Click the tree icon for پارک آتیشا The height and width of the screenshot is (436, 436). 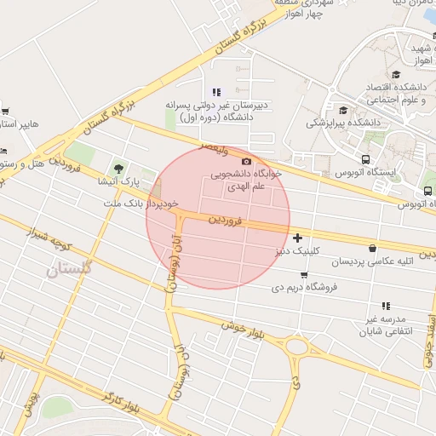[x=118, y=167]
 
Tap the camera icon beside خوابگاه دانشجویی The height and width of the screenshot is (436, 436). [x=247, y=162]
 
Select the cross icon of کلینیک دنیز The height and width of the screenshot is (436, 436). [x=297, y=238]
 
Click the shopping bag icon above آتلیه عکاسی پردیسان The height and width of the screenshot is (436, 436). [x=372, y=248]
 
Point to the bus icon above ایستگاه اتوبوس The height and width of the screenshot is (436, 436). [x=365, y=159]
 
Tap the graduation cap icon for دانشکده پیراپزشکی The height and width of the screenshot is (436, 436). [x=343, y=110]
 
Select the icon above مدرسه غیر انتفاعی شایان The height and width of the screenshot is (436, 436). [x=386, y=305]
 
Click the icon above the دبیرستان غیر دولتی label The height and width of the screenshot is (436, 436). [x=215, y=92]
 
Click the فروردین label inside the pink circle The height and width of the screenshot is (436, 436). [x=227, y=221]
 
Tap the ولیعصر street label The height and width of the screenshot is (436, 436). [x=215, y=148]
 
